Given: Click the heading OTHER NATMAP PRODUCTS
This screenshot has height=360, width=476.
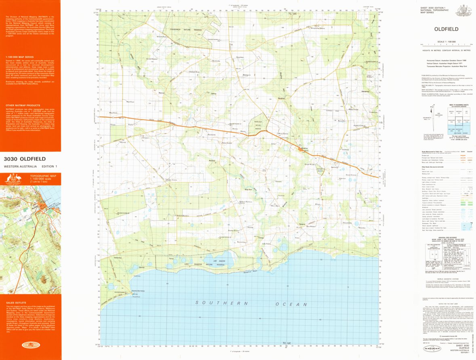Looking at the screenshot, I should point(21,105).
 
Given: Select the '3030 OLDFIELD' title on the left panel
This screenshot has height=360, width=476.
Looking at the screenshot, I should point(25,159).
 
